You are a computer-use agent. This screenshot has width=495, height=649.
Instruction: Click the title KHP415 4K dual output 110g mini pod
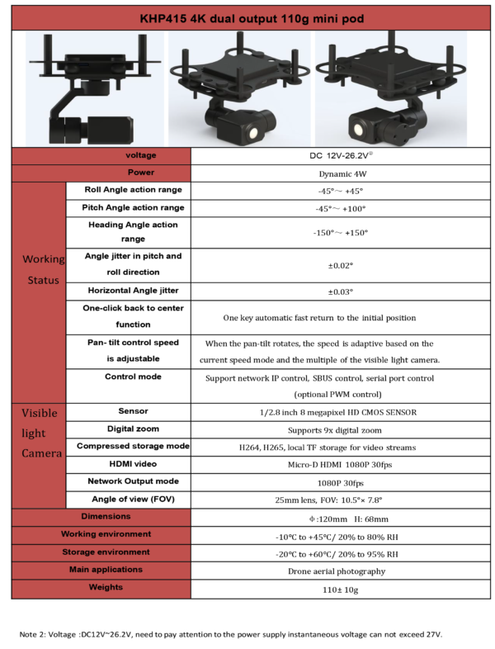[x=252, y=19]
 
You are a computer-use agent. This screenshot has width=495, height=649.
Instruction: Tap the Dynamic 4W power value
[x=342, y=174]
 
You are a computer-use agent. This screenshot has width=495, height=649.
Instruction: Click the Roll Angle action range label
[x=133, y=190]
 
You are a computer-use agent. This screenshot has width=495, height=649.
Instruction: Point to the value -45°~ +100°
[x=341, y=209]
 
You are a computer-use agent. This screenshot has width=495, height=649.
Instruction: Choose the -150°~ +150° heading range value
[x=341, y=233]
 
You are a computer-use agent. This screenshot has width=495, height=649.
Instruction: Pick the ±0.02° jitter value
[x=341, y=265]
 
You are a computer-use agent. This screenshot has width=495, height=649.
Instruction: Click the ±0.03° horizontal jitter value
[x=341, y=291]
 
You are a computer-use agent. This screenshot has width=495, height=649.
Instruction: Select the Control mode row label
[x=133, y=377]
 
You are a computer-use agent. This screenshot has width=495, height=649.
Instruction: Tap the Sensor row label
[x=133, y=411]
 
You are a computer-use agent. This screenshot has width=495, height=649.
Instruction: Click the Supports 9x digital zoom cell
[x=335, y=430]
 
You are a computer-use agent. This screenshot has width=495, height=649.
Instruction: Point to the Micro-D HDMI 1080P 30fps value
[x=340, y=465]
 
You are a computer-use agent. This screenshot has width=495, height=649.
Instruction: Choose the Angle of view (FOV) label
[x=133, y=500]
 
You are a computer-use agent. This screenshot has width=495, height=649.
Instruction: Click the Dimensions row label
[x=106, y=516]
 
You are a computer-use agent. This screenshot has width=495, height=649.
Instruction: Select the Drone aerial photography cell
[x=337, y=571]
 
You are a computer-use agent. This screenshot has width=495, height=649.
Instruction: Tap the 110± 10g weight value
[x=341, y=590]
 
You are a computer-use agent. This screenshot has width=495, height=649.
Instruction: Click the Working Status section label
[x=44, y=269]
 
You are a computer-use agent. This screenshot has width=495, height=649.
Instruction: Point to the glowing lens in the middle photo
[x=253, y=132]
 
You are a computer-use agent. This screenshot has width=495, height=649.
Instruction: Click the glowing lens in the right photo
[x=358, y=130]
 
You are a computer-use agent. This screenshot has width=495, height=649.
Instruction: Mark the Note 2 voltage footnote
[x=231, y=634]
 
